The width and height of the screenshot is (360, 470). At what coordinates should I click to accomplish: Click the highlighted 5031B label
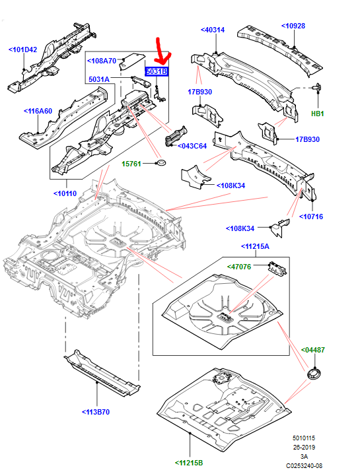pyautogui.click(x=157, y=71)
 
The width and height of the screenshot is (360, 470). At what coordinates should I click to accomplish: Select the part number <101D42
pyautogui.click(x=23, y=49)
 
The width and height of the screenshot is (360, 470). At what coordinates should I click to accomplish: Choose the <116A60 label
pyautogui.click(x=39, y=111)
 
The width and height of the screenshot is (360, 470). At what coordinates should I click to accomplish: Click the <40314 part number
pyautogui.click(x=212, y=30)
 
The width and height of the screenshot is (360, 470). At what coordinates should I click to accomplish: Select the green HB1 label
pyautogui.click(x=318, y=114)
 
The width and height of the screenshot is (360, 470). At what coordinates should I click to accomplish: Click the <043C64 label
pyautogui.click(x=192, y=146)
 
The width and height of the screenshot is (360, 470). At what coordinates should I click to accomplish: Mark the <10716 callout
pyautogui.click(x=310, y=216)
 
